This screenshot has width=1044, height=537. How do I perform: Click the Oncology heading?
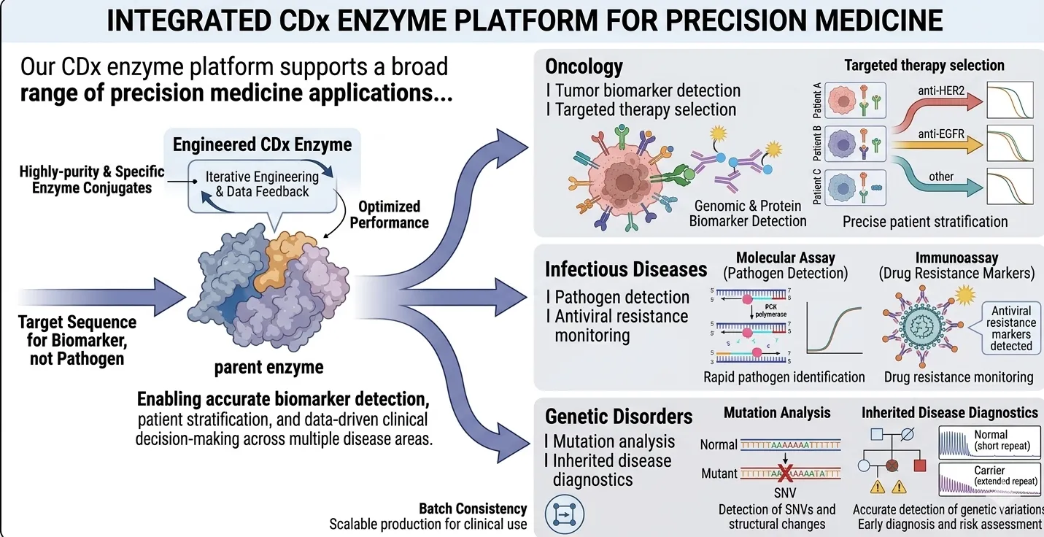coord(584,68)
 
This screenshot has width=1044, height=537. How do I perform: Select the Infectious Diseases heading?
coord(626,269)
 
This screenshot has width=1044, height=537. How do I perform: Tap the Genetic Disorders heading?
coord(619,417)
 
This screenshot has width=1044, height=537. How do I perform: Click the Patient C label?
coord(817,185)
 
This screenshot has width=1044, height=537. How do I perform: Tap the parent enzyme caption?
coord(268,367)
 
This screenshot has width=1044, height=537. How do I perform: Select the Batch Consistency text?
coord(473,509)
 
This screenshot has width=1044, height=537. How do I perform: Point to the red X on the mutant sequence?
coord(786,474)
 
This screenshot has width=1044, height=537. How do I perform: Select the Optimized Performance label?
coord(389,215)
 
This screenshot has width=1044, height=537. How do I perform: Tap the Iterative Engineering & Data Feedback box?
coord(262,184)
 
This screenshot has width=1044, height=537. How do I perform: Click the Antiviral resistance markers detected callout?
coord(1010,328)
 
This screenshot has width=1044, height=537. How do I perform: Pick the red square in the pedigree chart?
coord(919,465)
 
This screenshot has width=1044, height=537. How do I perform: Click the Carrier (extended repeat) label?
coord(990,476)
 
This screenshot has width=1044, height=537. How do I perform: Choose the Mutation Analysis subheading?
coord(776,413)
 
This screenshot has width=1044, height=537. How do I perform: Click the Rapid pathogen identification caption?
coord(784,377)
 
